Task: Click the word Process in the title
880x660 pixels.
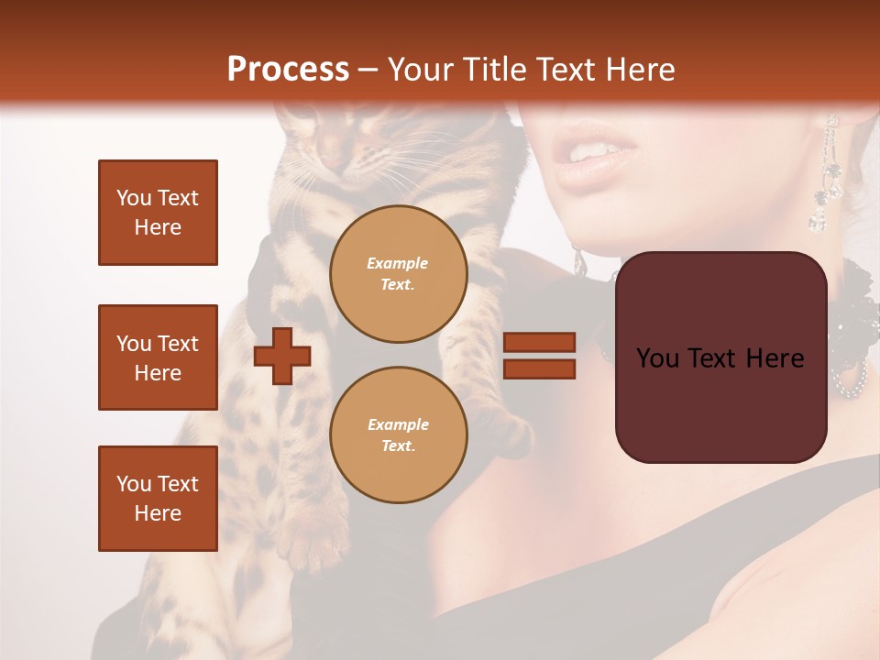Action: tap(288, 70)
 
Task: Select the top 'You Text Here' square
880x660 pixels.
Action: tap(158, 213)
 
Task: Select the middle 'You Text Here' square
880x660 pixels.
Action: tap(158, 357)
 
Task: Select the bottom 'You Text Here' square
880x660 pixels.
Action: tap(158, 499)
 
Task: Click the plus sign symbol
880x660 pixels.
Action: tap(282, 356)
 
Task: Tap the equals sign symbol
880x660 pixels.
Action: tap(539, 356)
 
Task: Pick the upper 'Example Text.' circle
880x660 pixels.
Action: tap(398, 274)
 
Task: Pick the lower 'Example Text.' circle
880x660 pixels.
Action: tap(398, 435)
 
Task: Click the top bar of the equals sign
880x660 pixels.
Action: tap(539, 342)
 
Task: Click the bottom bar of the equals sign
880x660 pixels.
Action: tap(539, 369)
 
